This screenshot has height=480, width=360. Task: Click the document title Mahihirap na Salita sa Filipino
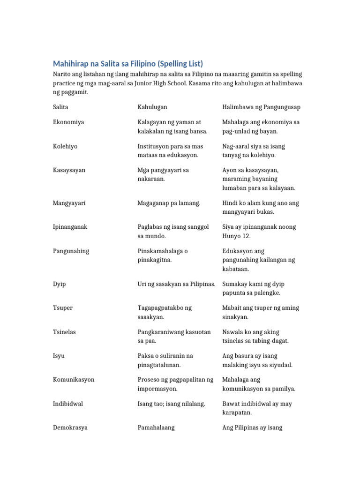click(128, 64)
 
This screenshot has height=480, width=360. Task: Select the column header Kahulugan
click(152, 107)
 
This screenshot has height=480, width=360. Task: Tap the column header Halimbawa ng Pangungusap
click(262, 107)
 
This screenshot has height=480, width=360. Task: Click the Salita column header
click(60, 107)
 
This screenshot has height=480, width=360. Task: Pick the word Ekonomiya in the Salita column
click(68, 122)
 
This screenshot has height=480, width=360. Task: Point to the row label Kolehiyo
click(65, 146)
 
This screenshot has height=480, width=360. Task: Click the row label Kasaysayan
click(69, 170)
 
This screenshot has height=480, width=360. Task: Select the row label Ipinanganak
click(70, 227)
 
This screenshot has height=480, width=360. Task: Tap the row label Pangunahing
click(71, 251)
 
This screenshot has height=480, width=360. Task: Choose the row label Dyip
click(60, 284)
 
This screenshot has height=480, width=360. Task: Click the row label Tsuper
click(63, 308)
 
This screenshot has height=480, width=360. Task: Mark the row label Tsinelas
click(64, 332)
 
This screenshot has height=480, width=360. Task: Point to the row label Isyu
click(59, 356)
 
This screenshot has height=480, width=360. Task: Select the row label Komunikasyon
click(74, 380)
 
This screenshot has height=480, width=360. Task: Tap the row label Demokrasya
click(70, 427)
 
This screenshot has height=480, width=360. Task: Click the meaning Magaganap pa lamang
click(169, 203)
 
